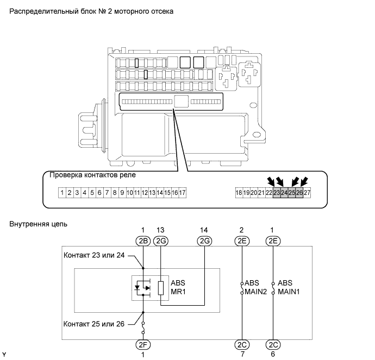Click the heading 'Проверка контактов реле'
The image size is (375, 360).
pyautogui.click(x=92, y=175)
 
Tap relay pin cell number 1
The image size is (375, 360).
pyautogui.click(x=63, y=192)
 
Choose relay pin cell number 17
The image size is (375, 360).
pyautogui.click(x=183, y=192)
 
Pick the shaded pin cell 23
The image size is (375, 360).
pyautogui.click(x=277, y=192)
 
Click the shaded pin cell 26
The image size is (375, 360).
pyautogui.click(x=299, y=192)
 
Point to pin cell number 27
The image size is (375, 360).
pyautogui.click(x=307, y=192)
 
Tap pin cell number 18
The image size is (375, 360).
pyautogui.click(x=239, y=192)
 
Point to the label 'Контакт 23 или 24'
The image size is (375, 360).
pyautogui.click(x=94, y=256)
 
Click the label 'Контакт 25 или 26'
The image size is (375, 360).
pyautogui.click(x=94, y=324)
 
